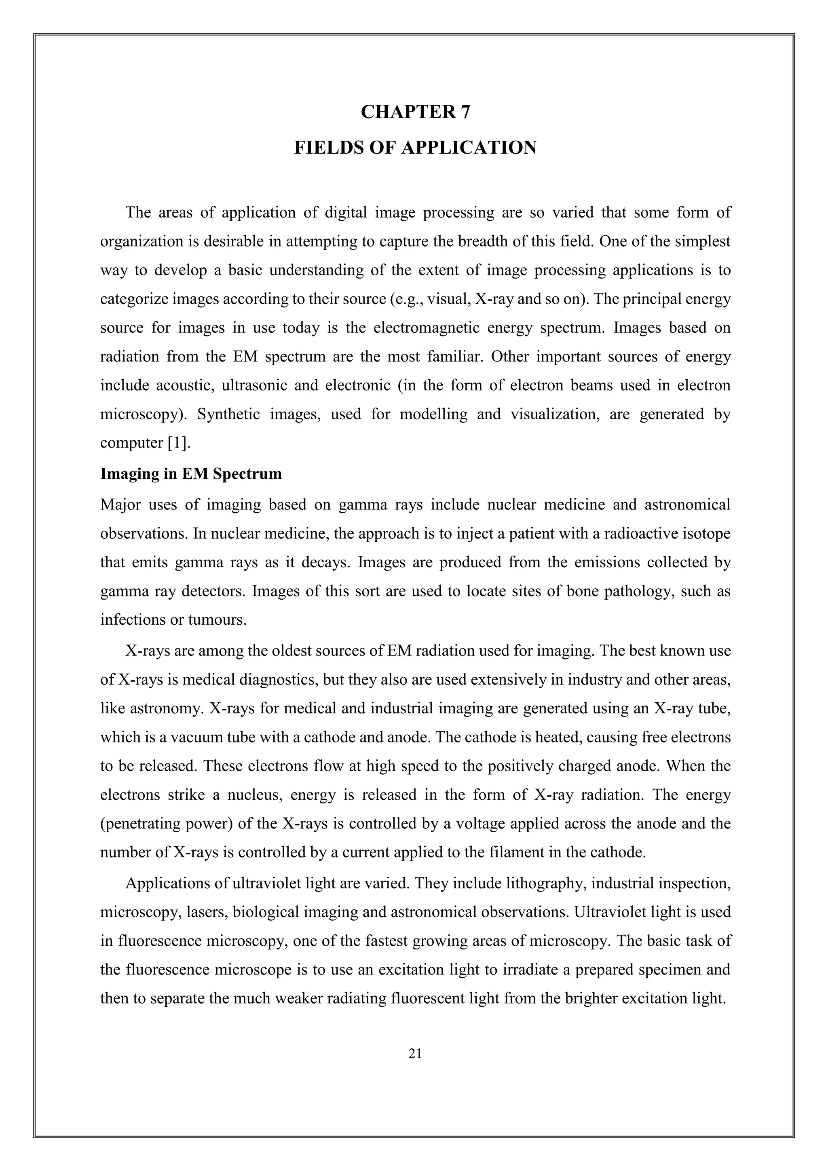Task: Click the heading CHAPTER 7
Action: pyautogui.click(x=415, y=112)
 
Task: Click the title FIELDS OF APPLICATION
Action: pyautogui.click(x=415, y=148)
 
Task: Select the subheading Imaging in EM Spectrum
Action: pyautogui.click(x=191, y=474)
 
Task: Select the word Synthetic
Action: pyautogui.click(x=228, y=414)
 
